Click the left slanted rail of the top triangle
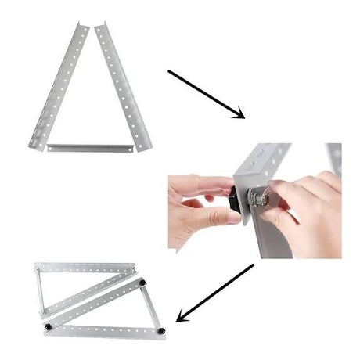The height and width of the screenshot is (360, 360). click(x=59, y=86)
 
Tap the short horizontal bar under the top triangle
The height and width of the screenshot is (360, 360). click(x=91, y=147)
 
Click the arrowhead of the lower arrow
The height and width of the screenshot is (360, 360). click(x=182, y=317)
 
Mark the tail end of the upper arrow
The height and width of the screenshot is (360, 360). click(x=169, y=72)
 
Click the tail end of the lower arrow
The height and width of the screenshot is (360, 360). click(x=253, y=265)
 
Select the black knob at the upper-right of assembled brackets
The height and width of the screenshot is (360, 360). click(x=143, y=280)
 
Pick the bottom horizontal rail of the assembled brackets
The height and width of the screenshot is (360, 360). click(x=102, y=330)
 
